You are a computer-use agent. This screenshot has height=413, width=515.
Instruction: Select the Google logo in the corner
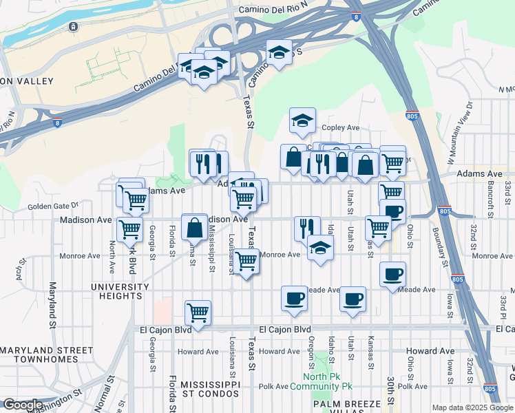22,405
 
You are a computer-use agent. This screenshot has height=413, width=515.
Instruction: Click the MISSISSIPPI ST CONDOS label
205,388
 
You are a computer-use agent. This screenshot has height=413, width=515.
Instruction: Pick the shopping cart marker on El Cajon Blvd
198,313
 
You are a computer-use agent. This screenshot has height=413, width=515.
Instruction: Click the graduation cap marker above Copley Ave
302,120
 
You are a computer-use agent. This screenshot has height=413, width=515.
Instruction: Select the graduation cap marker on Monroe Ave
319,248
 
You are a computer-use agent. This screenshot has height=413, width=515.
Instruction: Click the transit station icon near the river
73,27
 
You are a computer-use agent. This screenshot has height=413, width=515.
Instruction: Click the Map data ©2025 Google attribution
472,407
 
